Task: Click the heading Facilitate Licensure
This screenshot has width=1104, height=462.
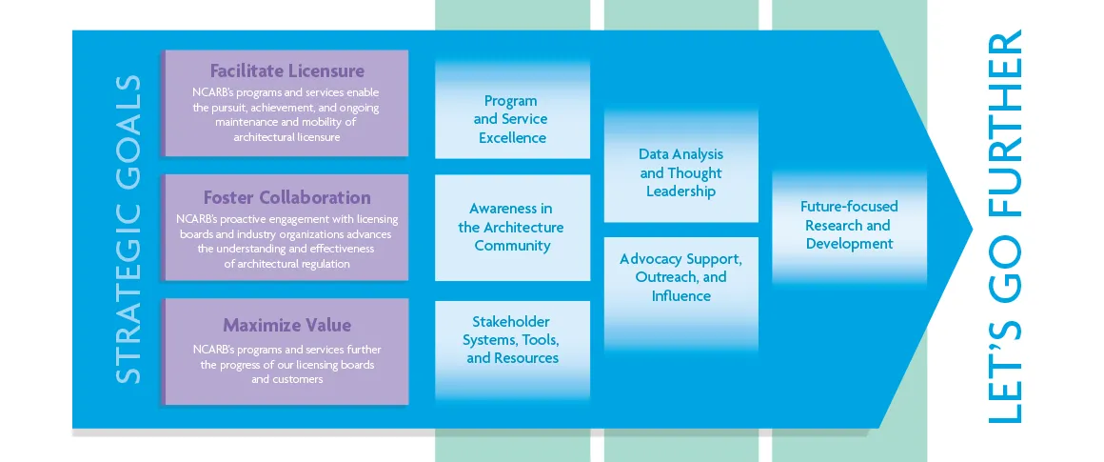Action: (x=286, y=71)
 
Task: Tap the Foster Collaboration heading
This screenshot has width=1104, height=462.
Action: (x=286, y=198)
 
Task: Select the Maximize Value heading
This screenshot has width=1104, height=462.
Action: (x=286, y=325)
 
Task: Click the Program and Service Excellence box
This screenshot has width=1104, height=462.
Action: (x=511, y=119)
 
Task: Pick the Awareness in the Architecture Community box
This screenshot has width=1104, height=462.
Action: (x=511, y=227)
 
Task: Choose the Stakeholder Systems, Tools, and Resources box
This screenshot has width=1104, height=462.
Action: (x=511, y=340)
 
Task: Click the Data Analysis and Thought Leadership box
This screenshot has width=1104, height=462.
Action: (x=680, y=172)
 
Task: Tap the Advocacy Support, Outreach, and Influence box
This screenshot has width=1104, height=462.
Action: (x=680, y=277)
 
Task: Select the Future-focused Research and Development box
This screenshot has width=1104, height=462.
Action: (x=849, y=225)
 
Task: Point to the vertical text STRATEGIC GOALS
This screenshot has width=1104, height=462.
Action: (x=128, y=229)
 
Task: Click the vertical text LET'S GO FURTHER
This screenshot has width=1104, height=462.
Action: (x=1005, y=229)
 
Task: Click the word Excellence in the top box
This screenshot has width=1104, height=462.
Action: (x=512, y=138)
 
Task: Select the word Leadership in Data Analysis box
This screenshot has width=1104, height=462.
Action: (x=680, y=191)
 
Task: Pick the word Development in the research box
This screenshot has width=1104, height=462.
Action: (x=849, y=244)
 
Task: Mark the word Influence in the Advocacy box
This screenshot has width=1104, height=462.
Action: (x=680, y=296)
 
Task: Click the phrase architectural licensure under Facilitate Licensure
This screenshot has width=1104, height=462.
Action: (x=286, y=137)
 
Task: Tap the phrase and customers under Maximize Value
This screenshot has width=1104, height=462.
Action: (x=286, y=379)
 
